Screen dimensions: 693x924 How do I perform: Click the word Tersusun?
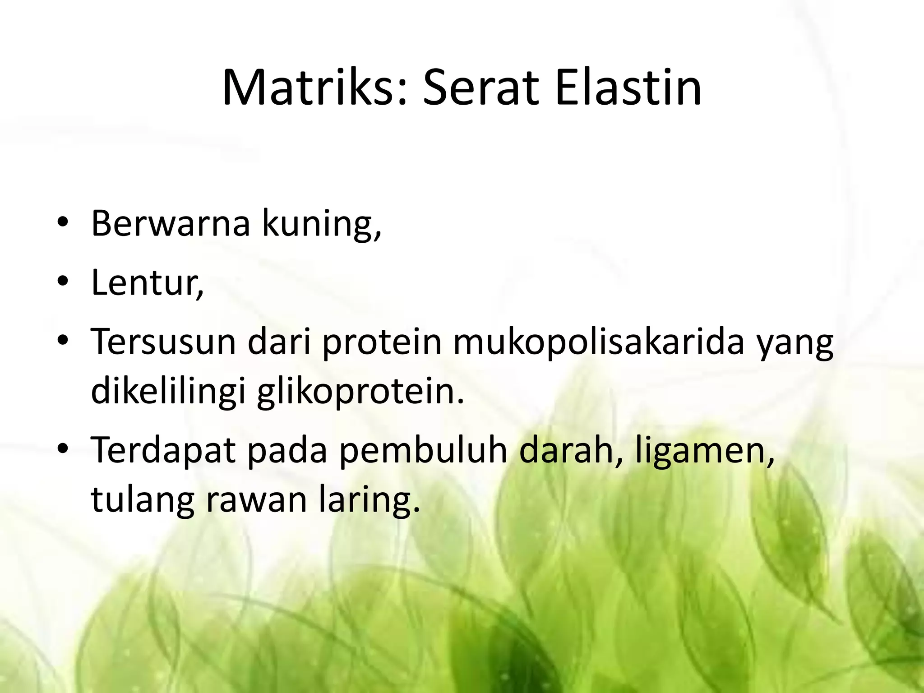[x=163, y=342]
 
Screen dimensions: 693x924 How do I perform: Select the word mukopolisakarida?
[x=598, y=342]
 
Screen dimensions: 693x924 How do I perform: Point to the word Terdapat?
[x=163, y=450]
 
